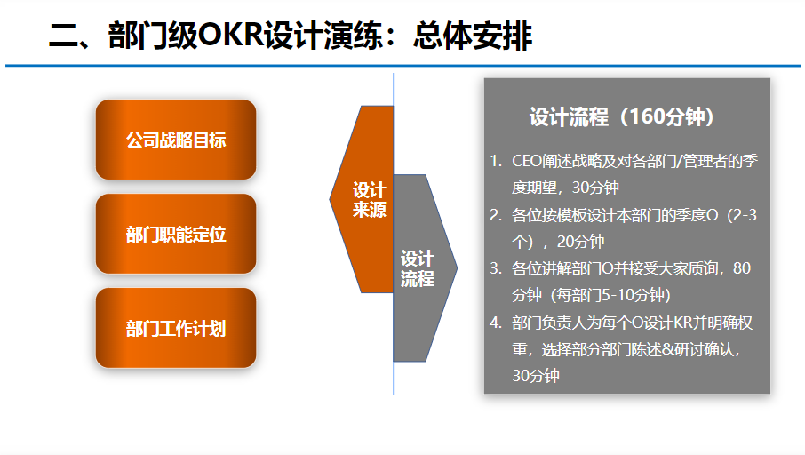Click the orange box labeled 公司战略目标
[176, 140]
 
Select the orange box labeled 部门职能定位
[176, 234]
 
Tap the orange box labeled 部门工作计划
[176, 328]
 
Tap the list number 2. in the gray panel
[496, 214]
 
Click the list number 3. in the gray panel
[496, 268]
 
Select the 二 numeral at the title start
[64, 37]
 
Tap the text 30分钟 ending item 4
[536, 376]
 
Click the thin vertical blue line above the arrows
[394, 89]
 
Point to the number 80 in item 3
[743, 268]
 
